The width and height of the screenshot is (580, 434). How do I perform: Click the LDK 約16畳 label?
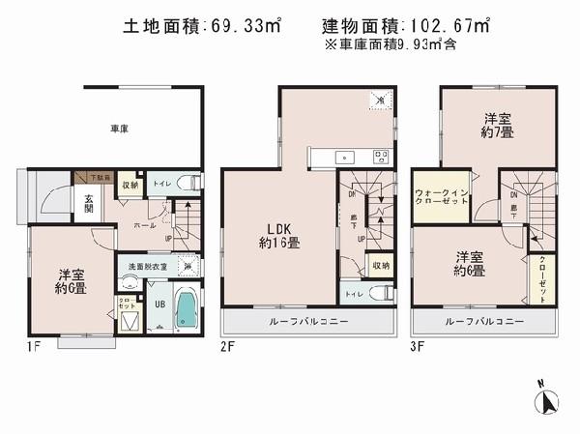[x=277, y=235]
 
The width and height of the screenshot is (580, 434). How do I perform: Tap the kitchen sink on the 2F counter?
[x=340, y=157]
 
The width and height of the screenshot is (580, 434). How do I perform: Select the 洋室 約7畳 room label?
[x=498, y=127]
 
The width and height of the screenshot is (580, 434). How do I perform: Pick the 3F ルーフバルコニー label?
[x=484, y=321]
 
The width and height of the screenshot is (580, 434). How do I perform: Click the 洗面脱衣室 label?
[x=141, y=267]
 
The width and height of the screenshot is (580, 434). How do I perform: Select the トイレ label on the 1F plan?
[x=161, y=181]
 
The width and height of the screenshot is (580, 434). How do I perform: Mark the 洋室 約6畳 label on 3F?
[x=471, y=264]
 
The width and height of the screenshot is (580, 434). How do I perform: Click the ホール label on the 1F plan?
[x=145, y=225]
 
